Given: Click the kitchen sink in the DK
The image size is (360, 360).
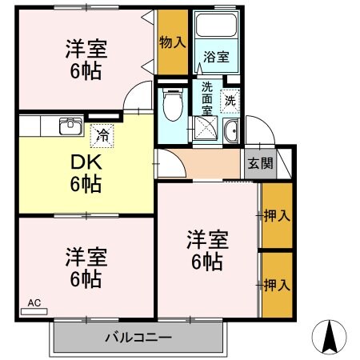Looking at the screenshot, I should tap(70, 126).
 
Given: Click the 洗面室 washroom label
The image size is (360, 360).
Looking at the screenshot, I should tap(207, 97).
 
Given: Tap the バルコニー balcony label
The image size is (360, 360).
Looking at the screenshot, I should tap(138, 337).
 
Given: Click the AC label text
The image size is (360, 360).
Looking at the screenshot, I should tap(34, 303).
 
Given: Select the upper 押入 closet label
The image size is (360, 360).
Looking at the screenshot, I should tap(276, 215).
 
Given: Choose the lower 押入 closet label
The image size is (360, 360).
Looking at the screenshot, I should tap(276, 284).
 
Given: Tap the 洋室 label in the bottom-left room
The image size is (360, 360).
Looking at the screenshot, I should tap(84, 268).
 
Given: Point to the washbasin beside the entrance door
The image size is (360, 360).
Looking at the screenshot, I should tap(233, 134).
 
